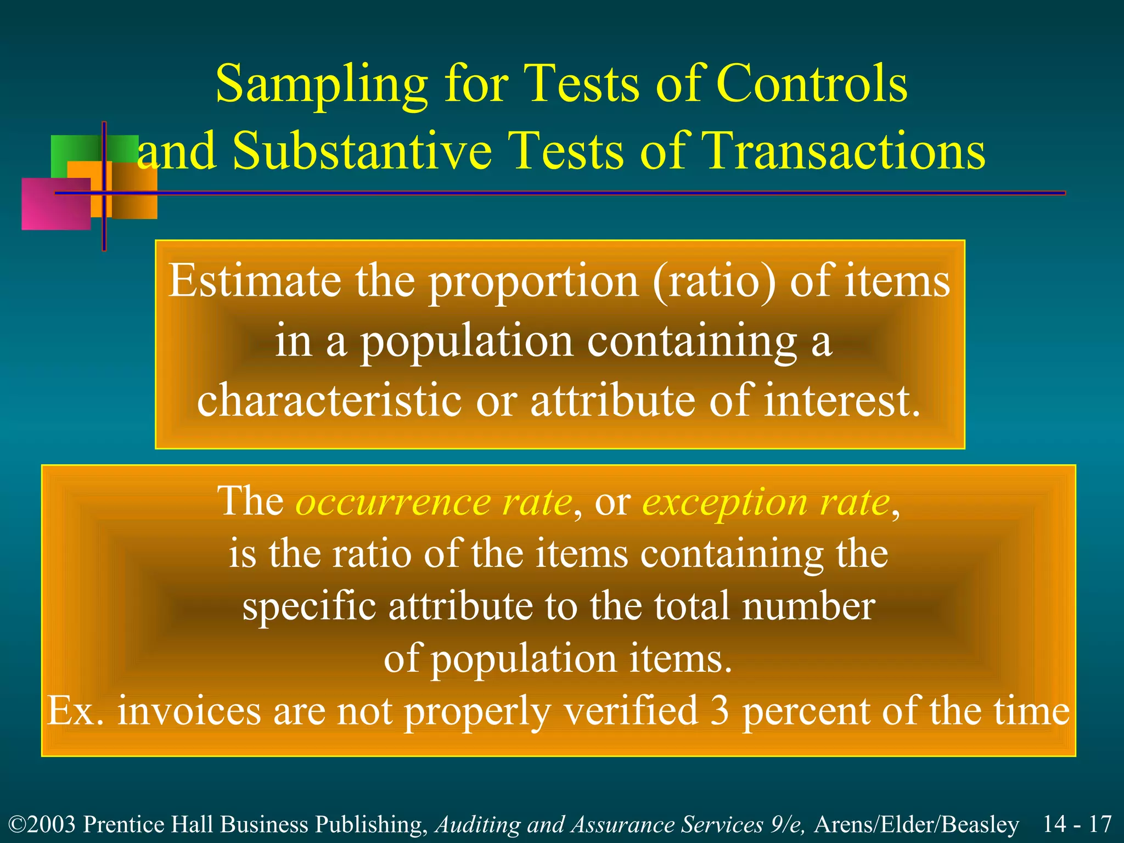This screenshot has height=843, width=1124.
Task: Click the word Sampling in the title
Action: pyautogui.click(x=321, y=85)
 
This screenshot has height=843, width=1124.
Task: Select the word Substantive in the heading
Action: pyautogui.click(x=362, y=151)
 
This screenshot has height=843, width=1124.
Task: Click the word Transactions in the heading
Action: pyautogui.click(x=843, y=151)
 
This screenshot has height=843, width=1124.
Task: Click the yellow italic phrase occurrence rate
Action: pyautogui.click(x=434, y=502)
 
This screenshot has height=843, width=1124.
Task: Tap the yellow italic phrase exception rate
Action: pyautogui.click(x=766, y=502)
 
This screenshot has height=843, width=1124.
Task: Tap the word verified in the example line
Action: pyautogui.click(x=631, y=711)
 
